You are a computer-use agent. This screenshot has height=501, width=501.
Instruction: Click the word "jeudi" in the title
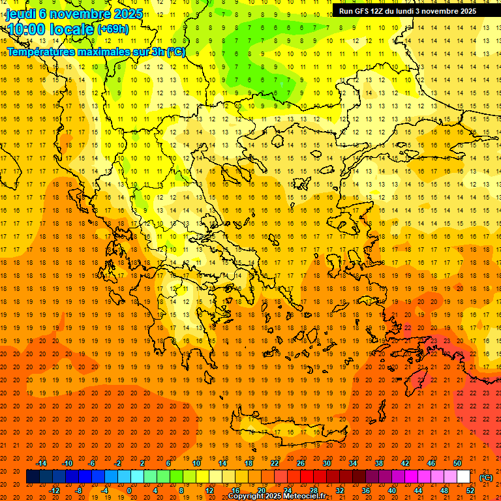click(x=21, y=14)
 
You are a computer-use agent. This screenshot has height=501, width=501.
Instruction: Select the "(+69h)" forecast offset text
click(x=113, y=30)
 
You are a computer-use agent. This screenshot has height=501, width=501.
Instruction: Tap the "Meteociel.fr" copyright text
click(x=301, y=496)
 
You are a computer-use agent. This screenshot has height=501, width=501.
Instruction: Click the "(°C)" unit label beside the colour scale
click(x=486, y=478)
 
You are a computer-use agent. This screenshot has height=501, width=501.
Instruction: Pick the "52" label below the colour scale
click(x=470, y=491)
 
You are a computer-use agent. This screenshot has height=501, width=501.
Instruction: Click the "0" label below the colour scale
click(x=129, y=491)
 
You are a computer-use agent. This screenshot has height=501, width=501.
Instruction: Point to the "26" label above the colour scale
click(x=301, y=463)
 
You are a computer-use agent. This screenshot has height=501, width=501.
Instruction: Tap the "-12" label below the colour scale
click(x=54, y=491)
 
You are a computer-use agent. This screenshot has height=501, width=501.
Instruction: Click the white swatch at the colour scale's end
click(x=464, y=477)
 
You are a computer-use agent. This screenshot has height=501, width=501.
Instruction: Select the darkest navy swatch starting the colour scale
click(x=33, y=477)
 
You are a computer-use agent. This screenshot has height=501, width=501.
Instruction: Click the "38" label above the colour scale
click(x=379, y=463)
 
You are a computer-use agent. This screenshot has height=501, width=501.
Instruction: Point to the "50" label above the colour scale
click(x=457, y=463)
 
